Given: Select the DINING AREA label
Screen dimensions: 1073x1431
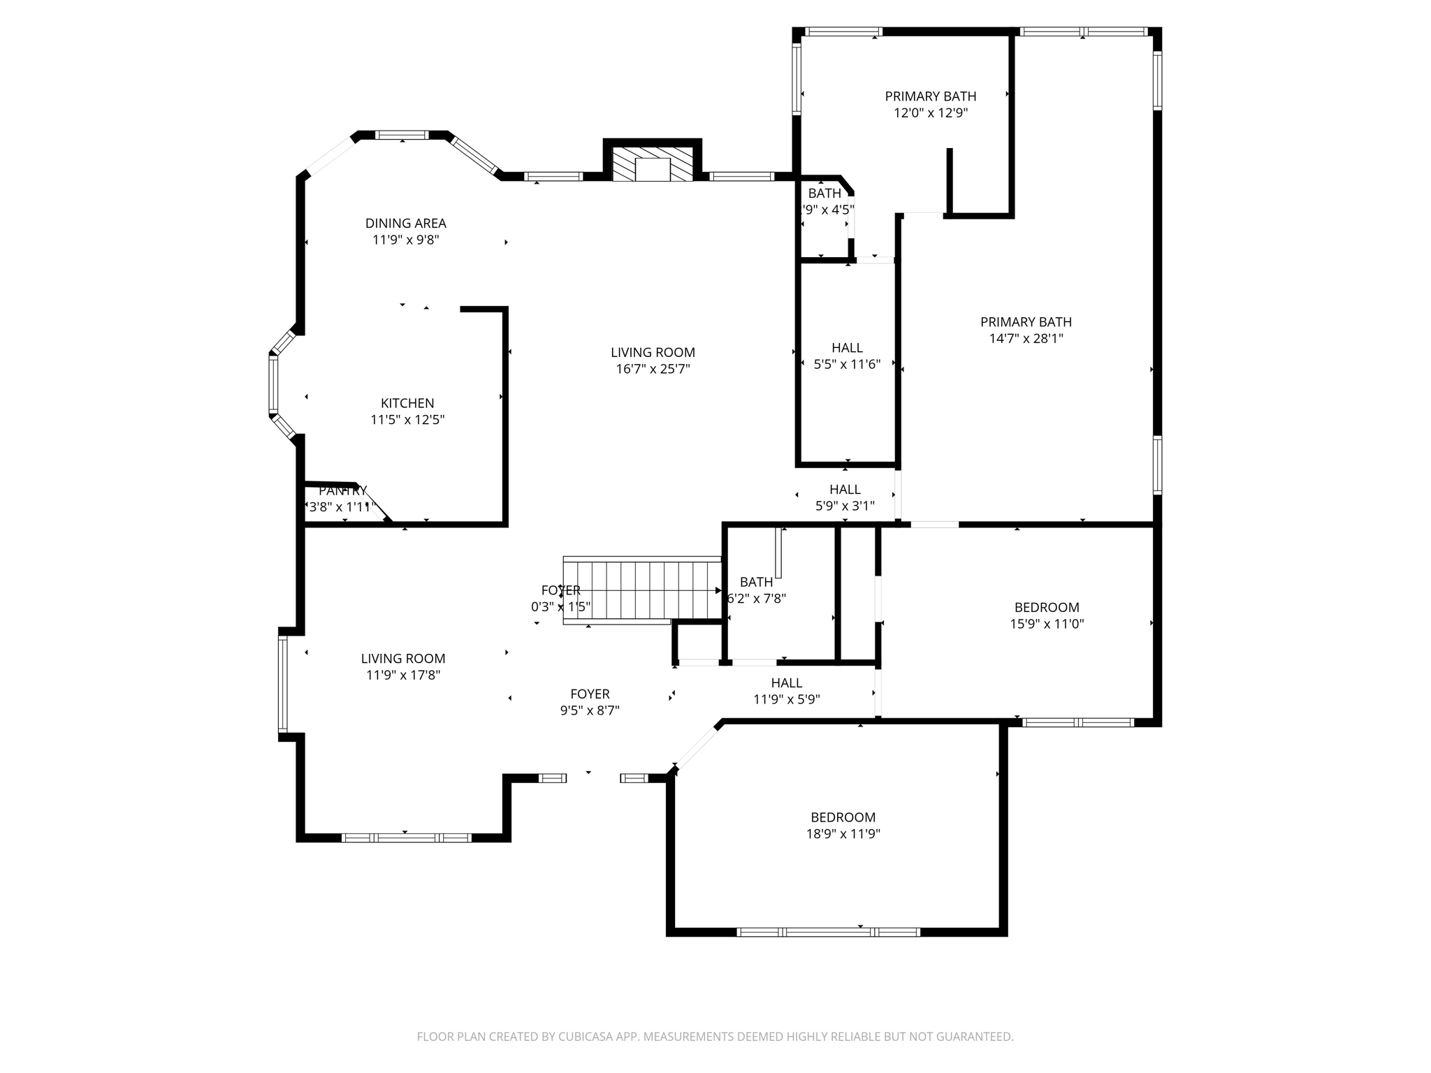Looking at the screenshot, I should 405,224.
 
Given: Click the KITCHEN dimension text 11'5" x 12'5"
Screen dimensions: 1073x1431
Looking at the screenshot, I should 407,420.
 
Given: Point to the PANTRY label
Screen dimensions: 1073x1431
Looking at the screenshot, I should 342,490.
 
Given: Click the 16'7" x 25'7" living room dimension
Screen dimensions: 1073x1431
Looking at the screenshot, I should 653,369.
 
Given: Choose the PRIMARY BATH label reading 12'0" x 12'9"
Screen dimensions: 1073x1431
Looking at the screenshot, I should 930,96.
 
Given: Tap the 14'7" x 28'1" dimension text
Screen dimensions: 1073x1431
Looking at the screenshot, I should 1025,339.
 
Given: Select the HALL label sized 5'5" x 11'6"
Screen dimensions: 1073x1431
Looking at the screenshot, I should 847,348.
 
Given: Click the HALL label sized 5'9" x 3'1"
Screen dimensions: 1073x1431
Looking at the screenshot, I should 845,490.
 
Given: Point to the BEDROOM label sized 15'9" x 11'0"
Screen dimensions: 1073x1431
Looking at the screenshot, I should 1046,608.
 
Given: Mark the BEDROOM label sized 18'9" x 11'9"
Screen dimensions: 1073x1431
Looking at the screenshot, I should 843,817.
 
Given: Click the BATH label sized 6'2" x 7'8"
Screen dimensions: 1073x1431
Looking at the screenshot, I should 756,582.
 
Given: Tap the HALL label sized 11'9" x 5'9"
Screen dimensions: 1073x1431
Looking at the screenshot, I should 786,683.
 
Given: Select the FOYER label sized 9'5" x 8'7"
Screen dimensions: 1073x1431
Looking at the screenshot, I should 590,694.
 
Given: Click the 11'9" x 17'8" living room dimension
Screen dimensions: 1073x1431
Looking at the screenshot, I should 403,676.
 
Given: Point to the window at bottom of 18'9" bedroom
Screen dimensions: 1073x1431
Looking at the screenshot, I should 828,932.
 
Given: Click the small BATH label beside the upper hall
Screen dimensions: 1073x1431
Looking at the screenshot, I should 825,194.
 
